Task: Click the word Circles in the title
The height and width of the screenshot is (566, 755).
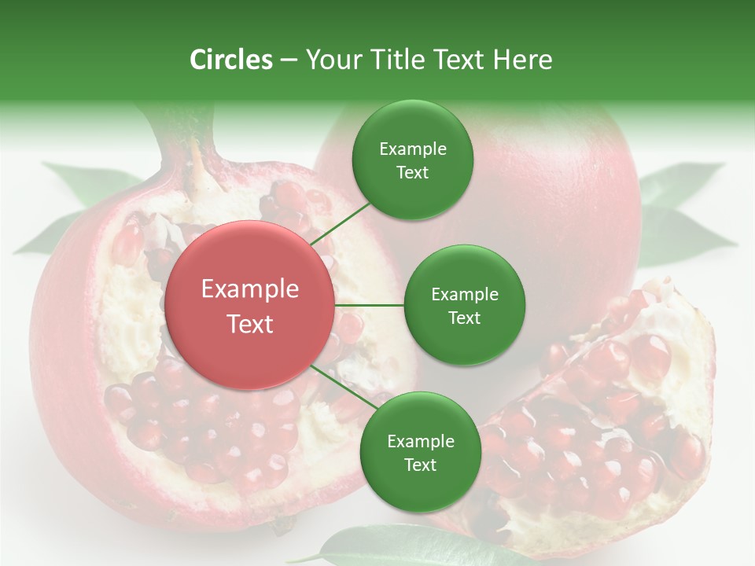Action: [230, 60]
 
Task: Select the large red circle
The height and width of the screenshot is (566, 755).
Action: [249, 305]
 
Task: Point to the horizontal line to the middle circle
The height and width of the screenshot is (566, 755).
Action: [369, 305]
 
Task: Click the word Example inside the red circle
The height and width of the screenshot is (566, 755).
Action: [249, 289]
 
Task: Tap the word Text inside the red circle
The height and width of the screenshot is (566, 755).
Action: [249, 324]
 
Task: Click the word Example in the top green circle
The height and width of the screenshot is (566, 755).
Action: [412, 149]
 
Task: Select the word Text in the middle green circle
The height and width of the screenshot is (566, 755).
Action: [464, 318]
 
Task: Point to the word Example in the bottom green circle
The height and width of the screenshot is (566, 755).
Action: [420, 441]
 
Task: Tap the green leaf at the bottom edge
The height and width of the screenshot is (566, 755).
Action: [370, 546]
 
